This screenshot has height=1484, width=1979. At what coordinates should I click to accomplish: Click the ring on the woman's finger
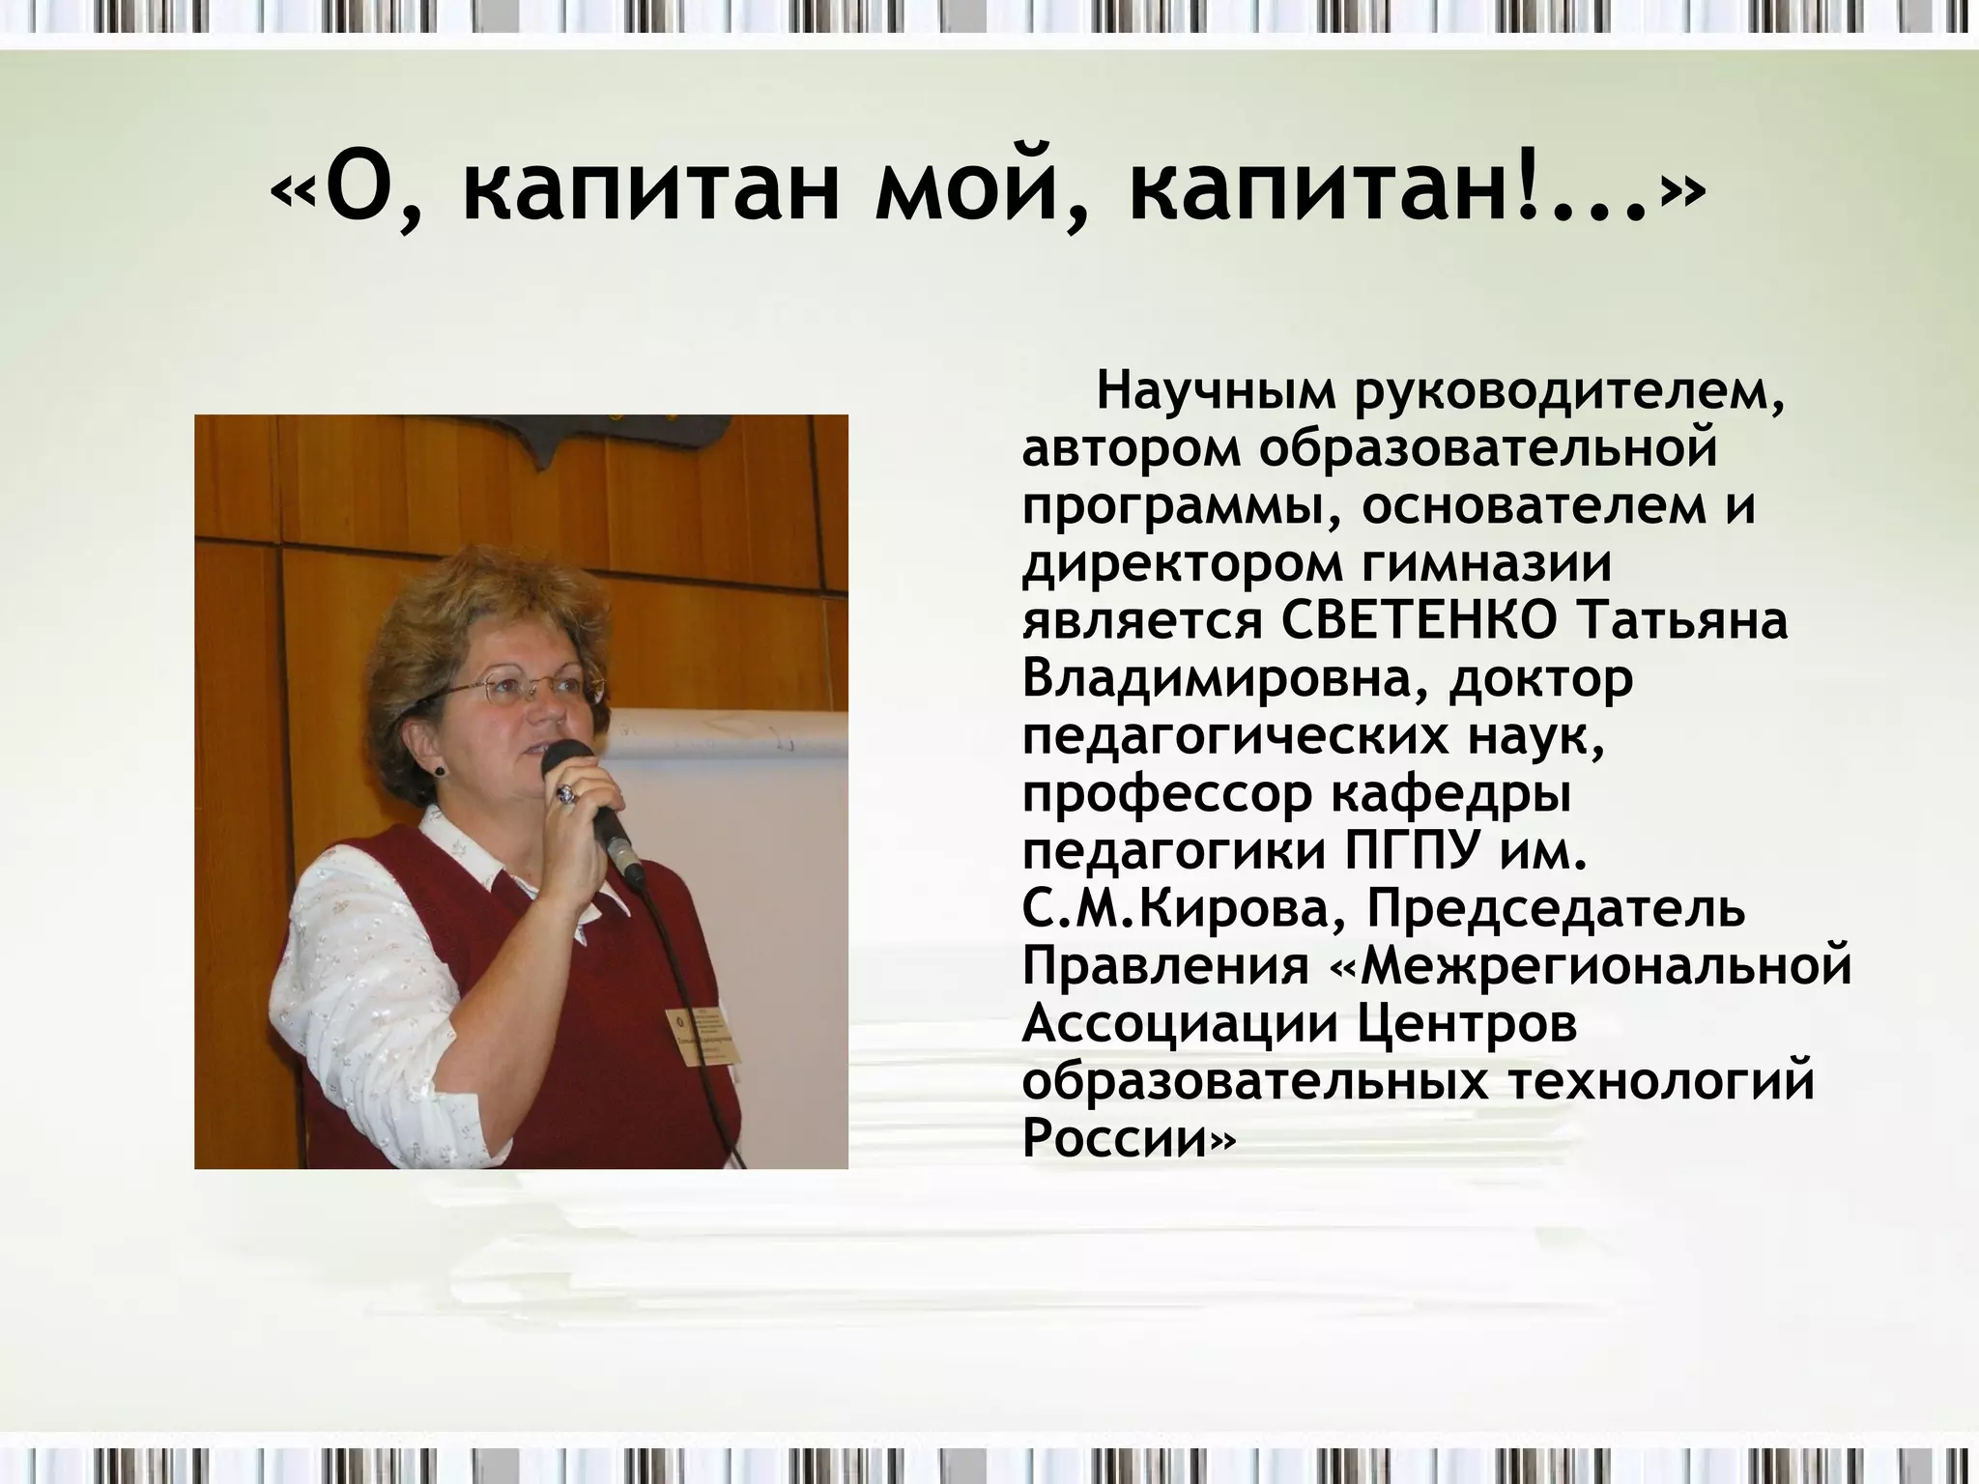pos(565,794)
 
